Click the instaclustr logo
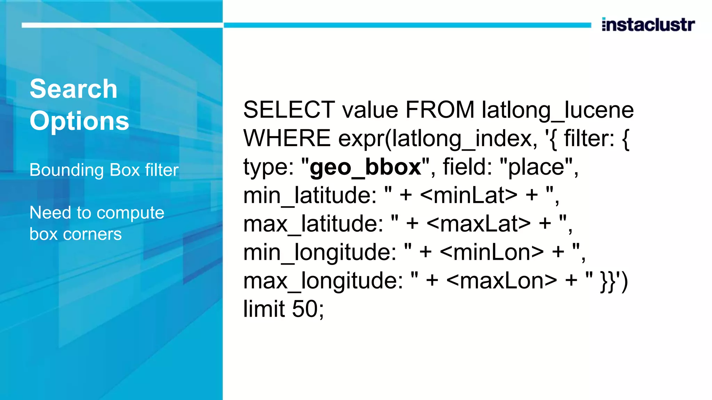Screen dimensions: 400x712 point(648,25)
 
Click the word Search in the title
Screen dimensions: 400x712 point(73,89)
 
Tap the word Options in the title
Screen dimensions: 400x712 point(79,121)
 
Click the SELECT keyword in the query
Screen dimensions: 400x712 point(289,110)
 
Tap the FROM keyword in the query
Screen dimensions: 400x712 point(439,110)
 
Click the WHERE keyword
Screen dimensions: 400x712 point(287,138)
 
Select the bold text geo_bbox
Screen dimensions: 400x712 point(365,167)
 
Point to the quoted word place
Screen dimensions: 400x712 point(536,167)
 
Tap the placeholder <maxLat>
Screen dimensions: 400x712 point(478,224)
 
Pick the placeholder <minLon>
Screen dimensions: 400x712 point(492,252)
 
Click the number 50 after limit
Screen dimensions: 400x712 point(305,309)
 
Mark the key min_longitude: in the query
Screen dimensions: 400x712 point(320,252)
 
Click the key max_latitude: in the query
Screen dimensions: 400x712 point(313,224)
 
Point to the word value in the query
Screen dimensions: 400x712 point(370,110)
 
